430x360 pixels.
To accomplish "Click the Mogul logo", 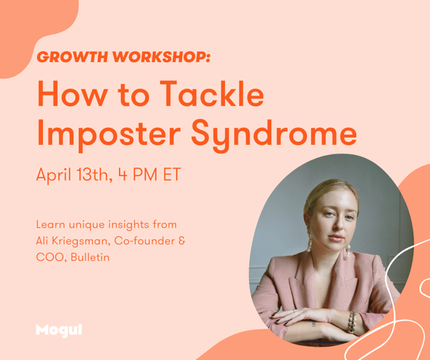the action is pyautogui.click(x=59, y=330).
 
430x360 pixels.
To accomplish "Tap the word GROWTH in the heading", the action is pyautogui.click(x=72, y=57).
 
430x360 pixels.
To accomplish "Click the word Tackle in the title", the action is pyautogui.click(x=212, y=93).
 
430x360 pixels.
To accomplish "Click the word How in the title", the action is pyautogui.click(x=72, y=93).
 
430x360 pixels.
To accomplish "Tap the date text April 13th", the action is pyautogui.click(x=74, y=175).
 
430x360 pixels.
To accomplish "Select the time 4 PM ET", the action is pyautogui.click(x=150, y=174).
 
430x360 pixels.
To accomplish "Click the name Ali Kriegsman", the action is pyautogui.click(x=73, y=241).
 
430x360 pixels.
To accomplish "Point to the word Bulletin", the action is pyautogui.click(x=90, y=257).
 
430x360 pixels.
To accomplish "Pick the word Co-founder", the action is pyautogui.click(x=144, y=241).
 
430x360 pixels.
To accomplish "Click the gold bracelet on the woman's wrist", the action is pyautogui.click(x=352, y=323).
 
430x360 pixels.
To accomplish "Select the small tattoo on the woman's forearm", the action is pyautogui.click(x=314, y=324).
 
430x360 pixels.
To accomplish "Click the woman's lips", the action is pyautogui.click(x=336, y=238).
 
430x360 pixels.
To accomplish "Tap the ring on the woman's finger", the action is pyautogui.click(x=294, y=311).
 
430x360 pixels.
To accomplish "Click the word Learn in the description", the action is pyautogui.click(x=51, y=224).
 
